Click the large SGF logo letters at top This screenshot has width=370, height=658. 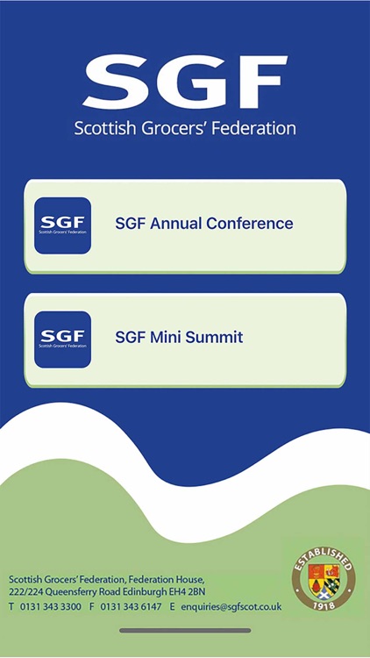185,82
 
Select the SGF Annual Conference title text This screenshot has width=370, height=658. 203,224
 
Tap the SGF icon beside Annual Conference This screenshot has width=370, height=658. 63,225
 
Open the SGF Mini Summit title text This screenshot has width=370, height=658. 179,337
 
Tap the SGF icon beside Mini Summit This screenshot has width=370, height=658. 63,339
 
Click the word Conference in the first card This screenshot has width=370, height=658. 249,224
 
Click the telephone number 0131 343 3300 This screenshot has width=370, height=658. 52,606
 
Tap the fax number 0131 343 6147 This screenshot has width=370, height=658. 131,606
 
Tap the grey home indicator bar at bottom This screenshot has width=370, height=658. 185,630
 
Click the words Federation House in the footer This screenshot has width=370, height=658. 166,580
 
